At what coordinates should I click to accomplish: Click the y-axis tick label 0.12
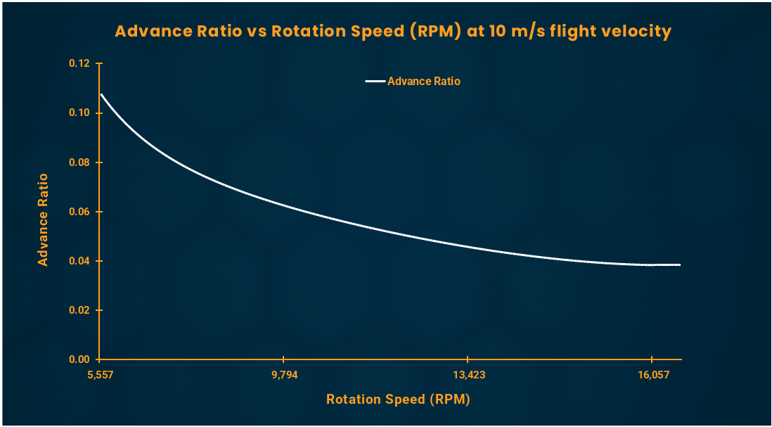tap(80, 64)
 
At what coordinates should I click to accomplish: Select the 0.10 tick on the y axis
tap(80, 113)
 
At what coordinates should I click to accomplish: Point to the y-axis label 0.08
tap(80, 162)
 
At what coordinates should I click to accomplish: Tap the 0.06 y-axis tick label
tap(80, 212)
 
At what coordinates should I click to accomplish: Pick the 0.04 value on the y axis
tap(80, 261)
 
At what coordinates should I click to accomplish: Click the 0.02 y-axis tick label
tap(80, 310)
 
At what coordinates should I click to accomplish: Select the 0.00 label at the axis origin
tap(80, 359)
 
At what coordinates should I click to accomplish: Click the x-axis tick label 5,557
tap(99, 374)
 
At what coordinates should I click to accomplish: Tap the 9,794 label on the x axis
tap(284, 374)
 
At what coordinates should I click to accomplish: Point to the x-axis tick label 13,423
tap(468, 374)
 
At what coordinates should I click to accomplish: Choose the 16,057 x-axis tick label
tap(652, 374)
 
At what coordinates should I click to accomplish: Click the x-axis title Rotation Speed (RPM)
tap(398, 400)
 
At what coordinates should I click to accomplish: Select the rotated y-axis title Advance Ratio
tap(43, 219)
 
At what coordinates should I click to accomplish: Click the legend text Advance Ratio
tap(424, 82)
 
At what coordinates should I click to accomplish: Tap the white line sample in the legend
tap(375, 82)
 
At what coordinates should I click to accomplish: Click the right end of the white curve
tap(680, 265)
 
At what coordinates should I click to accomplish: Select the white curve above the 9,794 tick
tap(284, 205)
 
